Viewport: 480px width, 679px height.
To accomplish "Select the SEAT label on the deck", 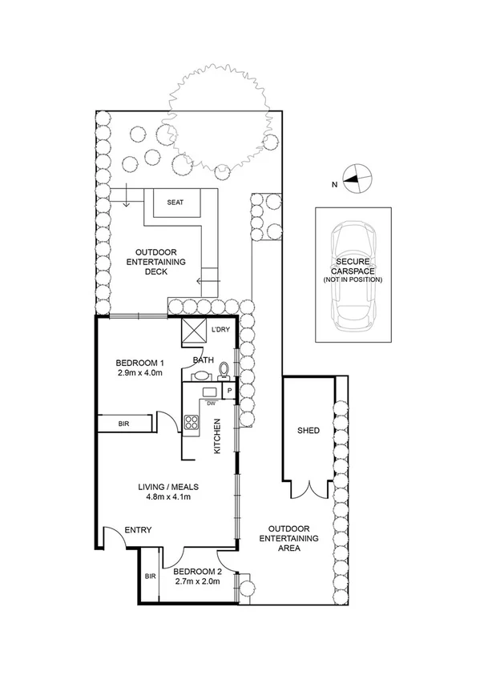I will coord(175,203).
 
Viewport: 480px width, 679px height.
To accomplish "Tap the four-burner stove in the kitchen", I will coord(192,424).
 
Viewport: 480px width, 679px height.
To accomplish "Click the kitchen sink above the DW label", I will coord(209,392).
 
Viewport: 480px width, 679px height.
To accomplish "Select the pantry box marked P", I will coord(229,392).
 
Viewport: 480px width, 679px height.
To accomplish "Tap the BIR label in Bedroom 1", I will coord(124,422).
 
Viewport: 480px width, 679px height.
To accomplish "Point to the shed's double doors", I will coord(310,489).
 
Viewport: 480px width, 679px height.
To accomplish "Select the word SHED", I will coord(308,431).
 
